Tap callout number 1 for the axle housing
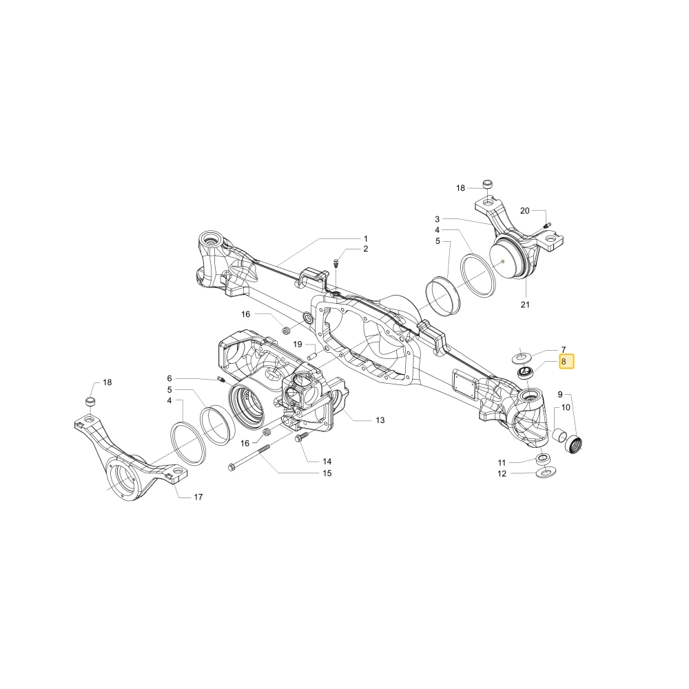pos(366,239)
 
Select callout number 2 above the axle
pos(366,249)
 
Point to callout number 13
pos(380,420)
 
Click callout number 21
pos(525,305)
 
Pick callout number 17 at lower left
pos(198,497)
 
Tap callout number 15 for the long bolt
pos(327,473)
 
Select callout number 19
pos(298,344)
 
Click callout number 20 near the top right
pos(524,211)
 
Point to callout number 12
pos(502,474)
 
